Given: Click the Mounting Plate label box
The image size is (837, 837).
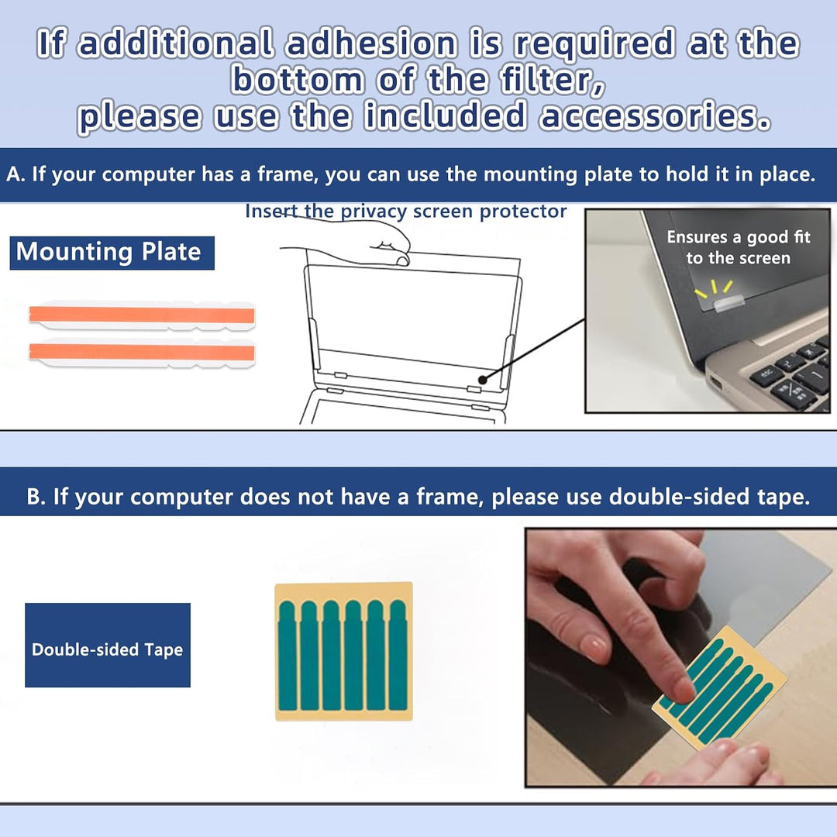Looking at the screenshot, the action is tap(112, 253).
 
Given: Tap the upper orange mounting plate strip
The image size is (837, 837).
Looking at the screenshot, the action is tap(142, 315).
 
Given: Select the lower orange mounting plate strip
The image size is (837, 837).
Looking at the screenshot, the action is tap(142, 353).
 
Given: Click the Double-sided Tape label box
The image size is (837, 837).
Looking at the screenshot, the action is tap(107, 645).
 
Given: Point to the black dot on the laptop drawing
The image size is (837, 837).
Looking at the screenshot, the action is tap(483, 380).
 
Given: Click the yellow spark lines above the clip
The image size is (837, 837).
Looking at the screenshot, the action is tap(713, 288).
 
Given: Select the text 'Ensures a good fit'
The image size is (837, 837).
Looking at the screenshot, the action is tap(739, 236).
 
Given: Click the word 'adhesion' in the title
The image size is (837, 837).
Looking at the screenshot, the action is tap(371, 43).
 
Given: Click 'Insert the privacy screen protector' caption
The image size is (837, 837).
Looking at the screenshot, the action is tap(405, 212).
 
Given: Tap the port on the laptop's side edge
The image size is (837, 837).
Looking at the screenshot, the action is tap(715, 382).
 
